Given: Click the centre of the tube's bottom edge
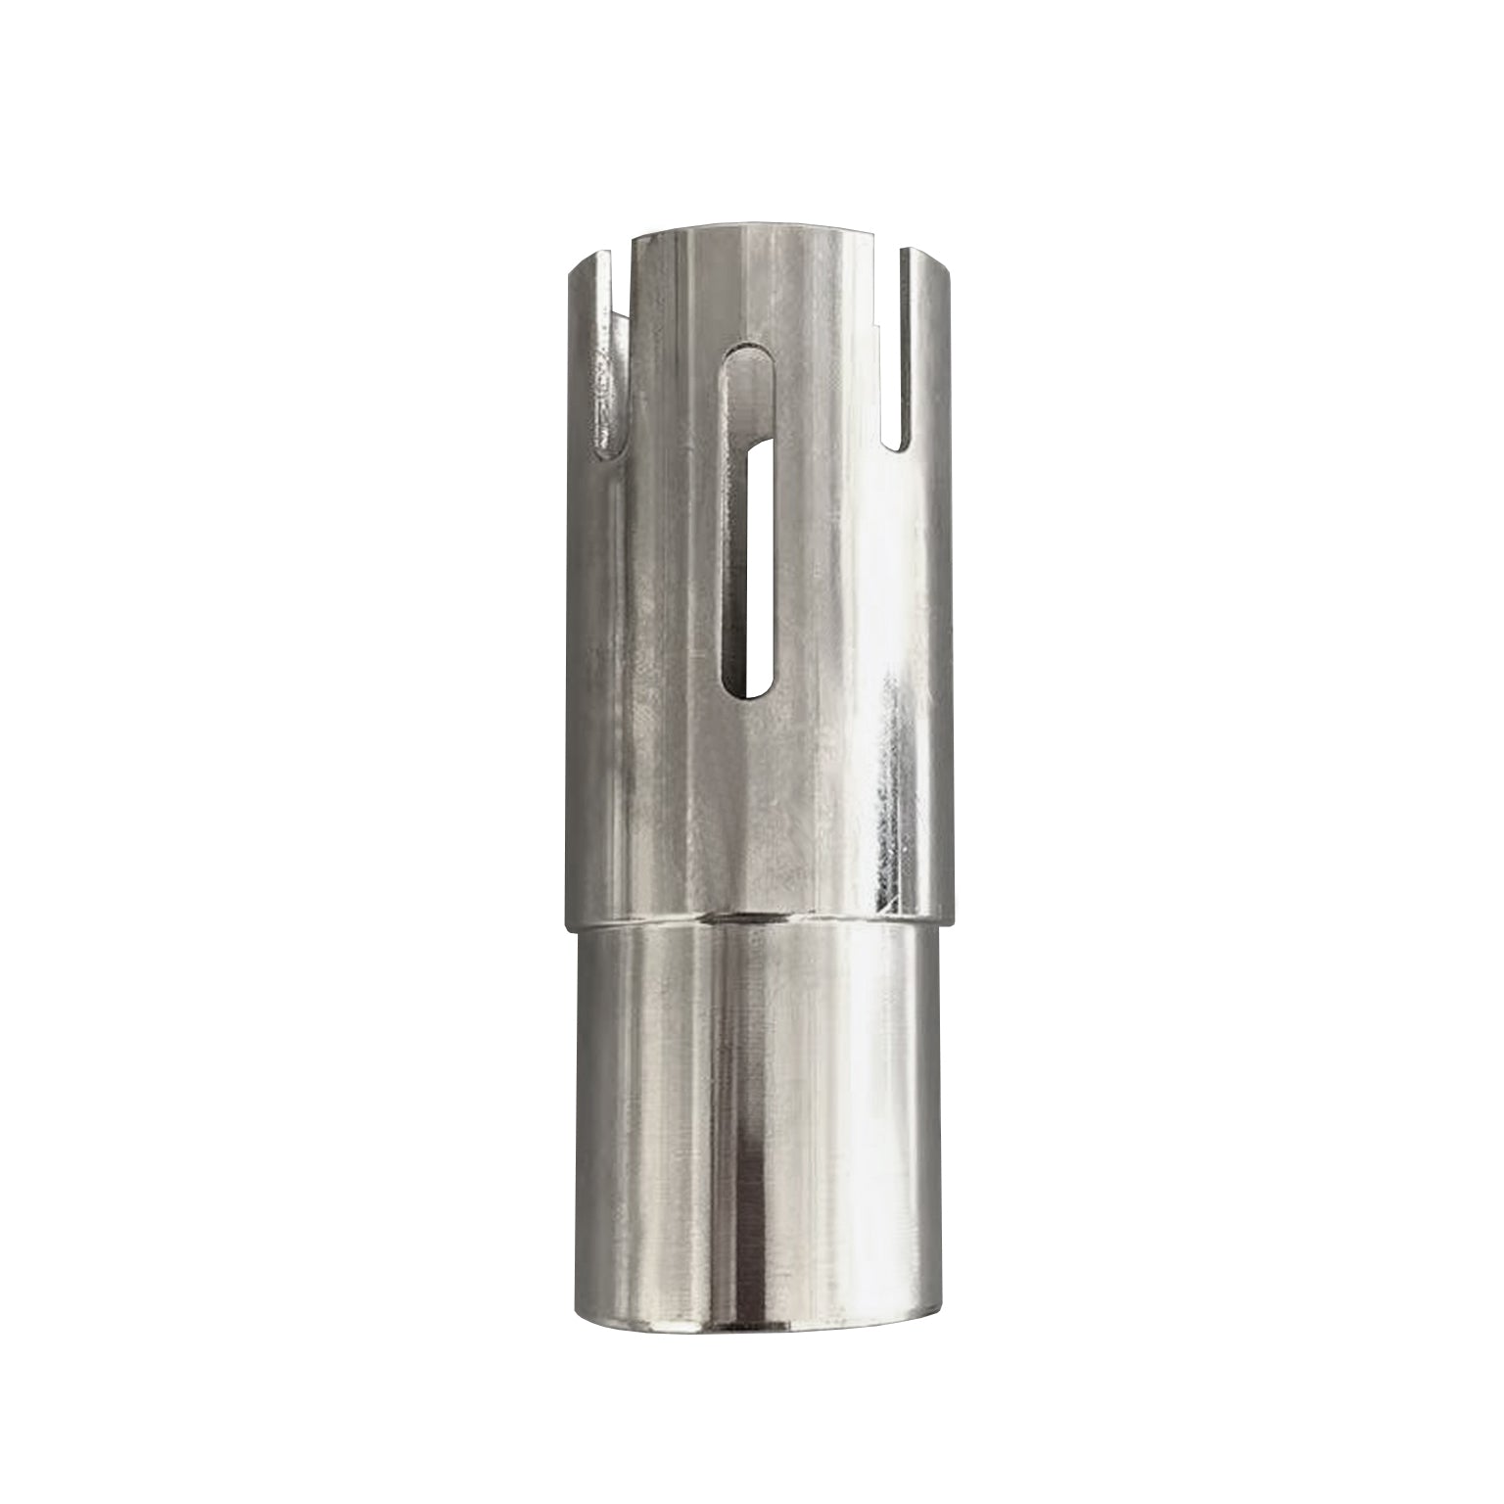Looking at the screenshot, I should pos(754,1334).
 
